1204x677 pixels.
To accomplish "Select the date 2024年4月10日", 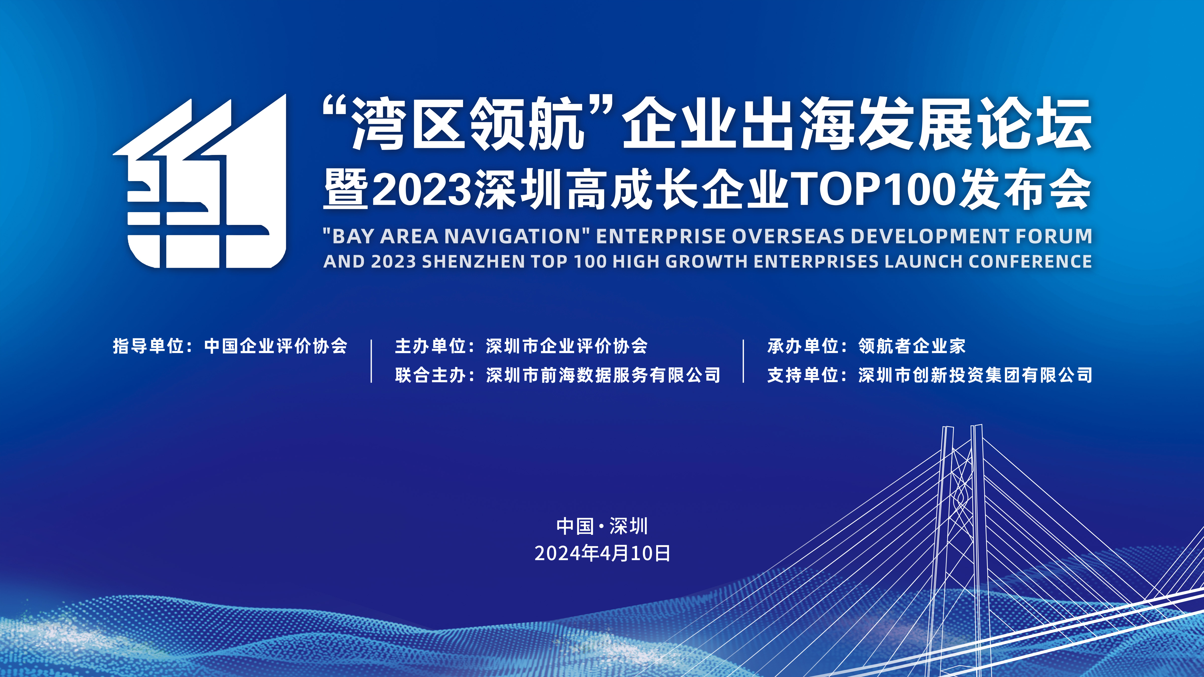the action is [x=602, y=553].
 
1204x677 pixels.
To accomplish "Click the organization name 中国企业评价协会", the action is [x=276, y=346].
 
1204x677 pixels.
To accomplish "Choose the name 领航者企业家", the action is [x=912, y=346].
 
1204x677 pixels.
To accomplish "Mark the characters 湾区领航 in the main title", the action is [x=467, y=124].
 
